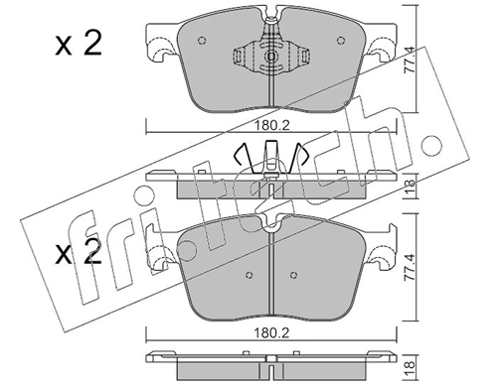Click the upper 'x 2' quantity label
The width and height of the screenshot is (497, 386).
[79, 44]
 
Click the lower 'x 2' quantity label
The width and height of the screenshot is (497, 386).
[79, 253]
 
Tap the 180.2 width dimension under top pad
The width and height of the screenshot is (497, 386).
[271, 125]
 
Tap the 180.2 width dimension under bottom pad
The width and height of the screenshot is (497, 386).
[271, 332]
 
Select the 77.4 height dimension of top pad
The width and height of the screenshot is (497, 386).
[410, 60]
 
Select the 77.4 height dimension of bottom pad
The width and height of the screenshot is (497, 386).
[410, 267]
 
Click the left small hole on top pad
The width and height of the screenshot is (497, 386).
[202, 41]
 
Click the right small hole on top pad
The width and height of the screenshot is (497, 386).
[341, 41]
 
